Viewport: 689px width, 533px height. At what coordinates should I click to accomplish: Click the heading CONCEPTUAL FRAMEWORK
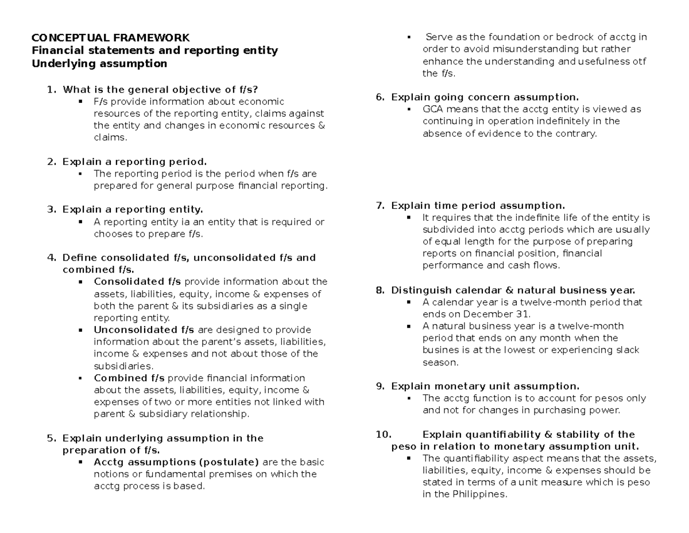110,38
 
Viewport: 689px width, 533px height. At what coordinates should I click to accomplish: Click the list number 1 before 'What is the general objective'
51,89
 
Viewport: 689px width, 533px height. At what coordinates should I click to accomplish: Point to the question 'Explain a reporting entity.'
133,209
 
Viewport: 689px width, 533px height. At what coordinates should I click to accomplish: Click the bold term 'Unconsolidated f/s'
144,329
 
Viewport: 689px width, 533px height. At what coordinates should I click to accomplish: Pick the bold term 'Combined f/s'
129,378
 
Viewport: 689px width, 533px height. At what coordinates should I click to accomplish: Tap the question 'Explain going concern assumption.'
485,97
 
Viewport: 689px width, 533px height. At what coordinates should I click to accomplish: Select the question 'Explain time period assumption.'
478,205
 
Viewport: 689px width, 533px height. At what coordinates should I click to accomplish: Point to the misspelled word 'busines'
440,350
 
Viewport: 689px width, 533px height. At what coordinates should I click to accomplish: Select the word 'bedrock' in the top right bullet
570,37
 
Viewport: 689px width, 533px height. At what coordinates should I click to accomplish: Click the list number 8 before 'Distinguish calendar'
380,290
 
